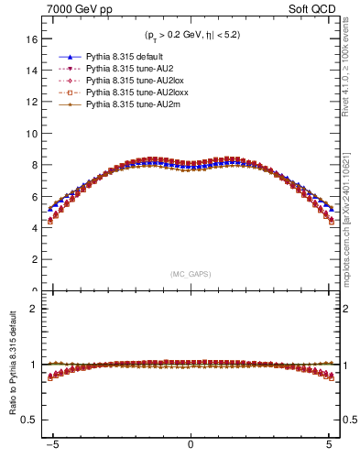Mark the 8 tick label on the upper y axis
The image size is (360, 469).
[x=34, y=165]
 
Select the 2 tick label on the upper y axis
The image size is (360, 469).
[x=34, y=260]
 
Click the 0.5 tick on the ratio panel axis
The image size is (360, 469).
[x=29, y=420]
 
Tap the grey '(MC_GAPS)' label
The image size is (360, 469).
[x=190, y=273]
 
